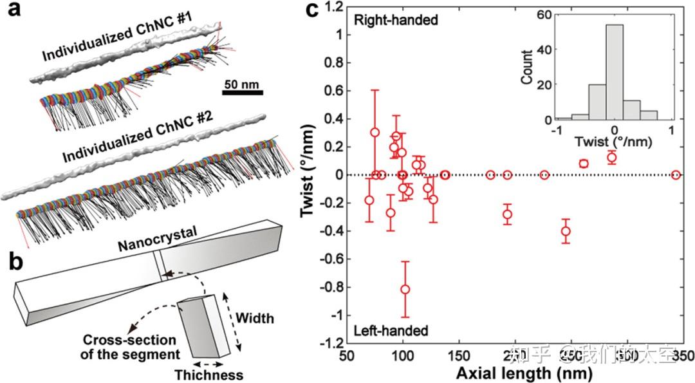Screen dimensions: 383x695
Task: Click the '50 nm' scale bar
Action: pyautogui.click(x=242, y=93)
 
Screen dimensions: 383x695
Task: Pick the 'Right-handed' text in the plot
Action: pyautogui.click(x=396, y=20)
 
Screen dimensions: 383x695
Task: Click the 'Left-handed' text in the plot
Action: pyautogui.click(x=391, y=331)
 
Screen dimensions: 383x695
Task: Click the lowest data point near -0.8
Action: pyautogui.click(x=405, y=290)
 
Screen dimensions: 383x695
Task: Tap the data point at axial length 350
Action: pyautogui.click(x=676, y=175)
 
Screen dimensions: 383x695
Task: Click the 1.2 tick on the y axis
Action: pyautogui.click(x=335, y=7)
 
